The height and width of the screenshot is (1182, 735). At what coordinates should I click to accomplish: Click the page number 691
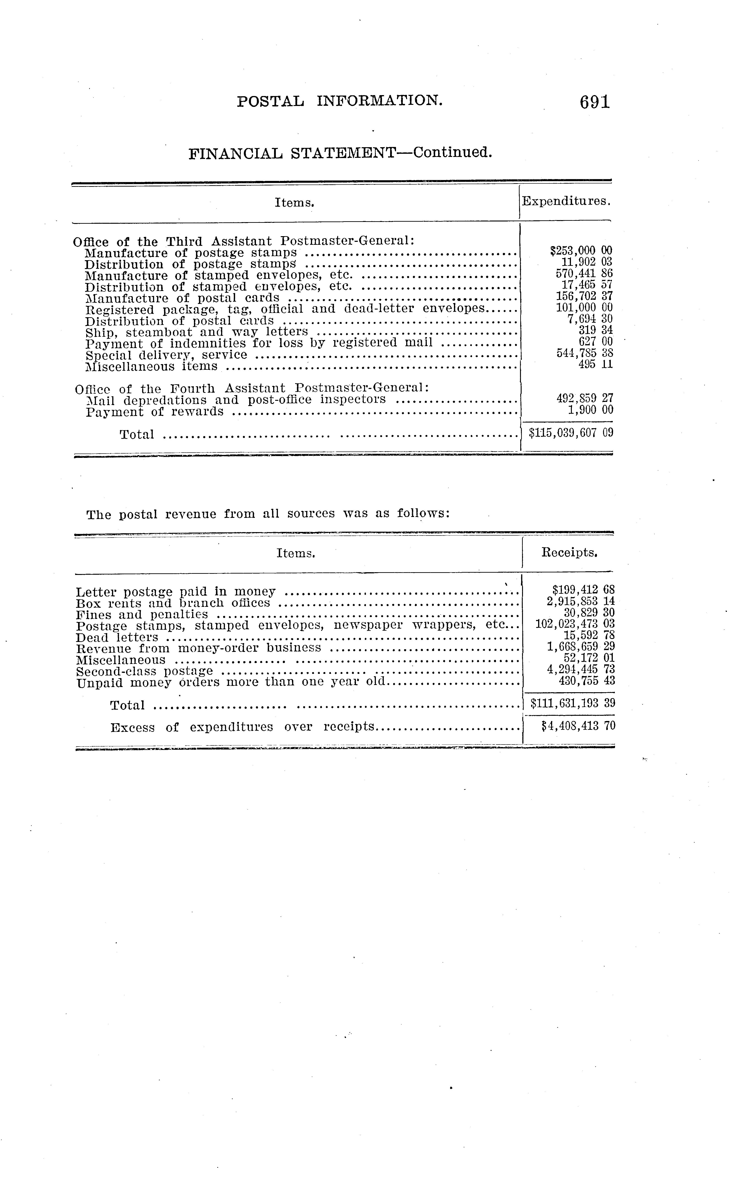click(x=594, y=102)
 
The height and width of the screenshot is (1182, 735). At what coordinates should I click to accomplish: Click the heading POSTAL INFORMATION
click(x=340, y=101)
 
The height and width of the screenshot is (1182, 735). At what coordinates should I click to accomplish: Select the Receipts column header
click(x=569, y=553)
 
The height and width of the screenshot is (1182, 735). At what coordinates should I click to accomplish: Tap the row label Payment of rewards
click(x=155, y=411)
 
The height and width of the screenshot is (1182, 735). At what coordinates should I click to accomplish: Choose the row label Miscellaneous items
click(x=151, y=366)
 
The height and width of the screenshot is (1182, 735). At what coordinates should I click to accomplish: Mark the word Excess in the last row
click(x=132, y=728)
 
